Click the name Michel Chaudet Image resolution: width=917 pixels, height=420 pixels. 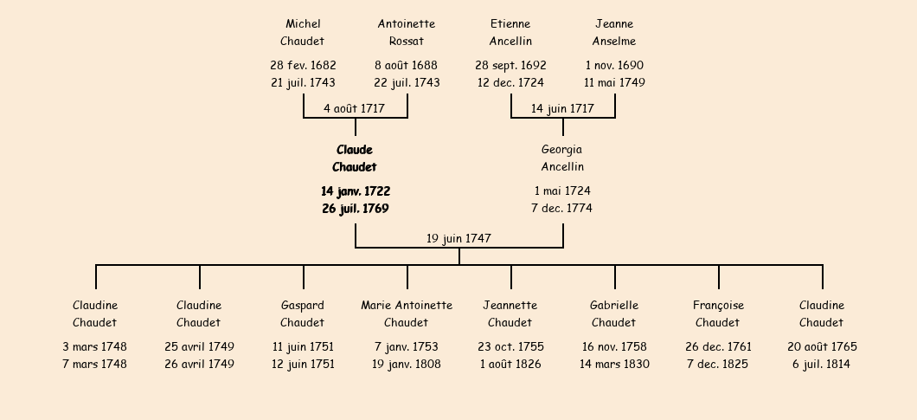click(x=303, y=32)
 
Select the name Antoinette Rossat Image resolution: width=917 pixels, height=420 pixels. click(x=407, y=32)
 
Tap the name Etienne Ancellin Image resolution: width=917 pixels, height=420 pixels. click(x=510, y=32)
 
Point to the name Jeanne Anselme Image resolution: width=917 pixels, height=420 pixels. click(x=614, y=32)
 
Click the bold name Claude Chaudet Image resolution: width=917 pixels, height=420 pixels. click(x=355, y=158)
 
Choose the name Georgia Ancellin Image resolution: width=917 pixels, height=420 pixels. click(x=562, y=158)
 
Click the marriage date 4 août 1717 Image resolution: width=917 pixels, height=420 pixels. click(x=355, y=108)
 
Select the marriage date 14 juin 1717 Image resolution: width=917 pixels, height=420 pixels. click(x=562, y=108)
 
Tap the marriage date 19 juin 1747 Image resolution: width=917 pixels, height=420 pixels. click(x=458, y=238)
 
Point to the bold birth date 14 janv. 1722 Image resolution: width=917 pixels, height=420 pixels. click(x=356, y=191)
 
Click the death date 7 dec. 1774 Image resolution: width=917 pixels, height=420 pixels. click(x=562, y=208)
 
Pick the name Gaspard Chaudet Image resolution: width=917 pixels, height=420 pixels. click(x=303, y=314)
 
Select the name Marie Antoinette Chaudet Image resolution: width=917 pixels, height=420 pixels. click(x=407, y=314)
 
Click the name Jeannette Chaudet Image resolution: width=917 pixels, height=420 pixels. click(x=510, y=314)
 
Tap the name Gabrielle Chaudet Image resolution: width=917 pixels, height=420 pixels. click(x=614, y=314)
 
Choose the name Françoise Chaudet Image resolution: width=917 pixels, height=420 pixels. click(x=718, y=314)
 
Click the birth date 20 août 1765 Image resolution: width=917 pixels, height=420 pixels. click(x=822, y=346)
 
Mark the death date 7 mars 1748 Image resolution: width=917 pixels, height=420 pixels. click(x=95, y=364)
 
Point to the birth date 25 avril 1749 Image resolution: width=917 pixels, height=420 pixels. click(x=199, y=346)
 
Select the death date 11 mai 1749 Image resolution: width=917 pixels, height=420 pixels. click(x=614, y=82)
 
